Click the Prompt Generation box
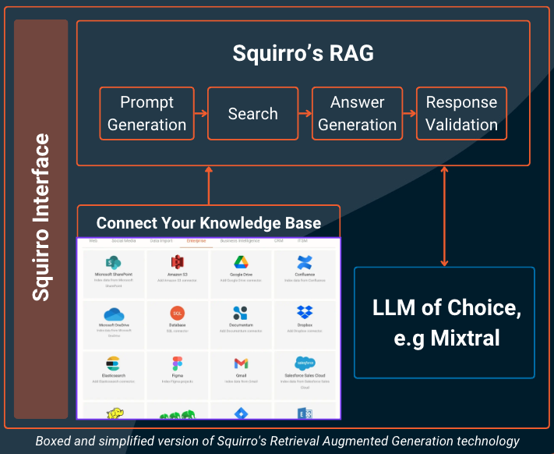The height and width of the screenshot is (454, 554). (147, 114)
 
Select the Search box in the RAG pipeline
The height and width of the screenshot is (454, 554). (252, 114)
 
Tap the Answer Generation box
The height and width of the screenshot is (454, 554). (357, 114)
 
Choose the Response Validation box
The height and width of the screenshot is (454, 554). (461, 114)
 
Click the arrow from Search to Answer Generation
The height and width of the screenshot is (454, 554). (305, 114)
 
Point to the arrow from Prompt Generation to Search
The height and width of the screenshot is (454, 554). (199, 114)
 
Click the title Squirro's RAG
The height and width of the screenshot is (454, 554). (303, 53)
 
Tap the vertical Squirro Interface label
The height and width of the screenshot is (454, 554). (41, 218)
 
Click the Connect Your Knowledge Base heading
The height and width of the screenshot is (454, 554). (208, 223)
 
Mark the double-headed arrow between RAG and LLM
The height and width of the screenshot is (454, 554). (445, 216)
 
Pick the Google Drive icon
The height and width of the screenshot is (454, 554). (241, 262)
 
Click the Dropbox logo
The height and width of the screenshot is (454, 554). (304, 314)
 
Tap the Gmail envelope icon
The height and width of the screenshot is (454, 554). (241, 364)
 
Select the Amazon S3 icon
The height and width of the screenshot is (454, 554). (178, 262)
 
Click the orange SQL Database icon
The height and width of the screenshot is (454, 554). (178, 314)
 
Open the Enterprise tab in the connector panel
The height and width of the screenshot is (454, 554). (192, 241)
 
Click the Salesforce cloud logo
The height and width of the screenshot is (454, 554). (304, 364)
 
